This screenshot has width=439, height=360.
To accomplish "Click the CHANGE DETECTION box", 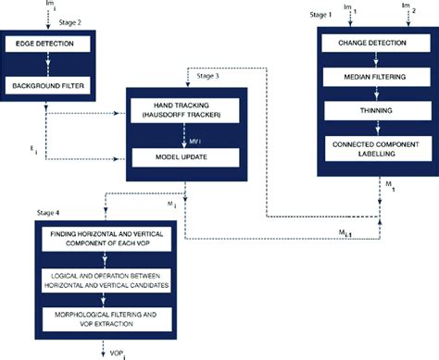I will pyautogui.click(x=373, y=43).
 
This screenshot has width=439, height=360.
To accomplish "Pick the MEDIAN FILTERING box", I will pyautogui.click(x=373, y=78).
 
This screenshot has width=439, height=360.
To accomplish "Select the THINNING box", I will pyautogui.click(x=373, y=111).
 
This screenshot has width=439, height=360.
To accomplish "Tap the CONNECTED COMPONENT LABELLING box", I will pyautogui.click(x=373, y=148).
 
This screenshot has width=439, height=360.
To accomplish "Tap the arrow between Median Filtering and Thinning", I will pyautogui.click(x=373, y=94).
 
